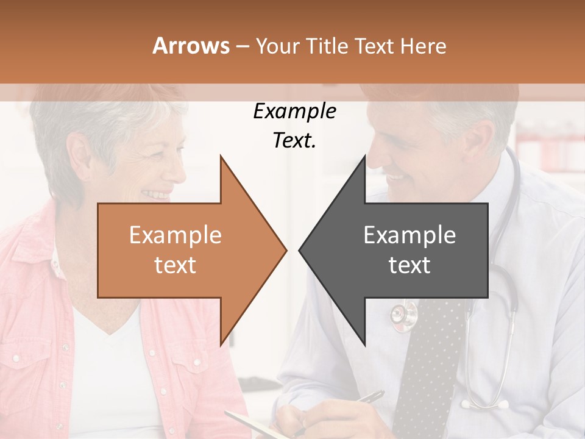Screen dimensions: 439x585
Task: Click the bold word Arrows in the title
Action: pyautogui.click(x=191, y=46)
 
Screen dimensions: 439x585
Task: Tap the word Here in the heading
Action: pyautogui.click(x=423, y=46)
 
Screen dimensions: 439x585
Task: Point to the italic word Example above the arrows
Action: pyautogui.click(x=294, y=112)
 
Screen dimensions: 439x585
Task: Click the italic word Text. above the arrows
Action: pyautogui.click(x=294, y=141)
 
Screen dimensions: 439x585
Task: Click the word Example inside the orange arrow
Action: pyautogui.click(x=175, y=235)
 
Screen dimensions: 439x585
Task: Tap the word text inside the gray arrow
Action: pyautogui.click(x=409, y=265)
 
